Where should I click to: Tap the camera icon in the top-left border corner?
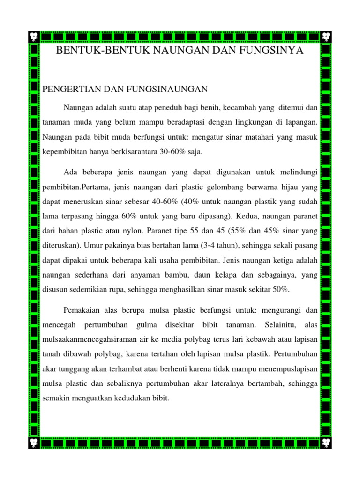pos(34,36)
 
